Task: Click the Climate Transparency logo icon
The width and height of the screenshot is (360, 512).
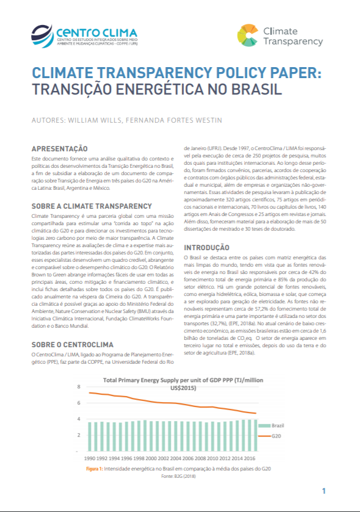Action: [247, 35]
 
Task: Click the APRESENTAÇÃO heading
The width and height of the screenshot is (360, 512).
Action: [59, 148]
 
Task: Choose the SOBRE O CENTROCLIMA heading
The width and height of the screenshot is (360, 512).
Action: [71, 344]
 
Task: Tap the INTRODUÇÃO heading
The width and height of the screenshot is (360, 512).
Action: [207, 248]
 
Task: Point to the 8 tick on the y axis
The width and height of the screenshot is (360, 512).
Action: [79, 387]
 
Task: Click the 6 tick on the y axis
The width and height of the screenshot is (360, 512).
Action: [79, 403]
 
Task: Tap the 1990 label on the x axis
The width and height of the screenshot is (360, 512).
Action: [90, 458]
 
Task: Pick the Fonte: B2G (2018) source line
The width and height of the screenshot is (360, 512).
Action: [175, 475]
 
